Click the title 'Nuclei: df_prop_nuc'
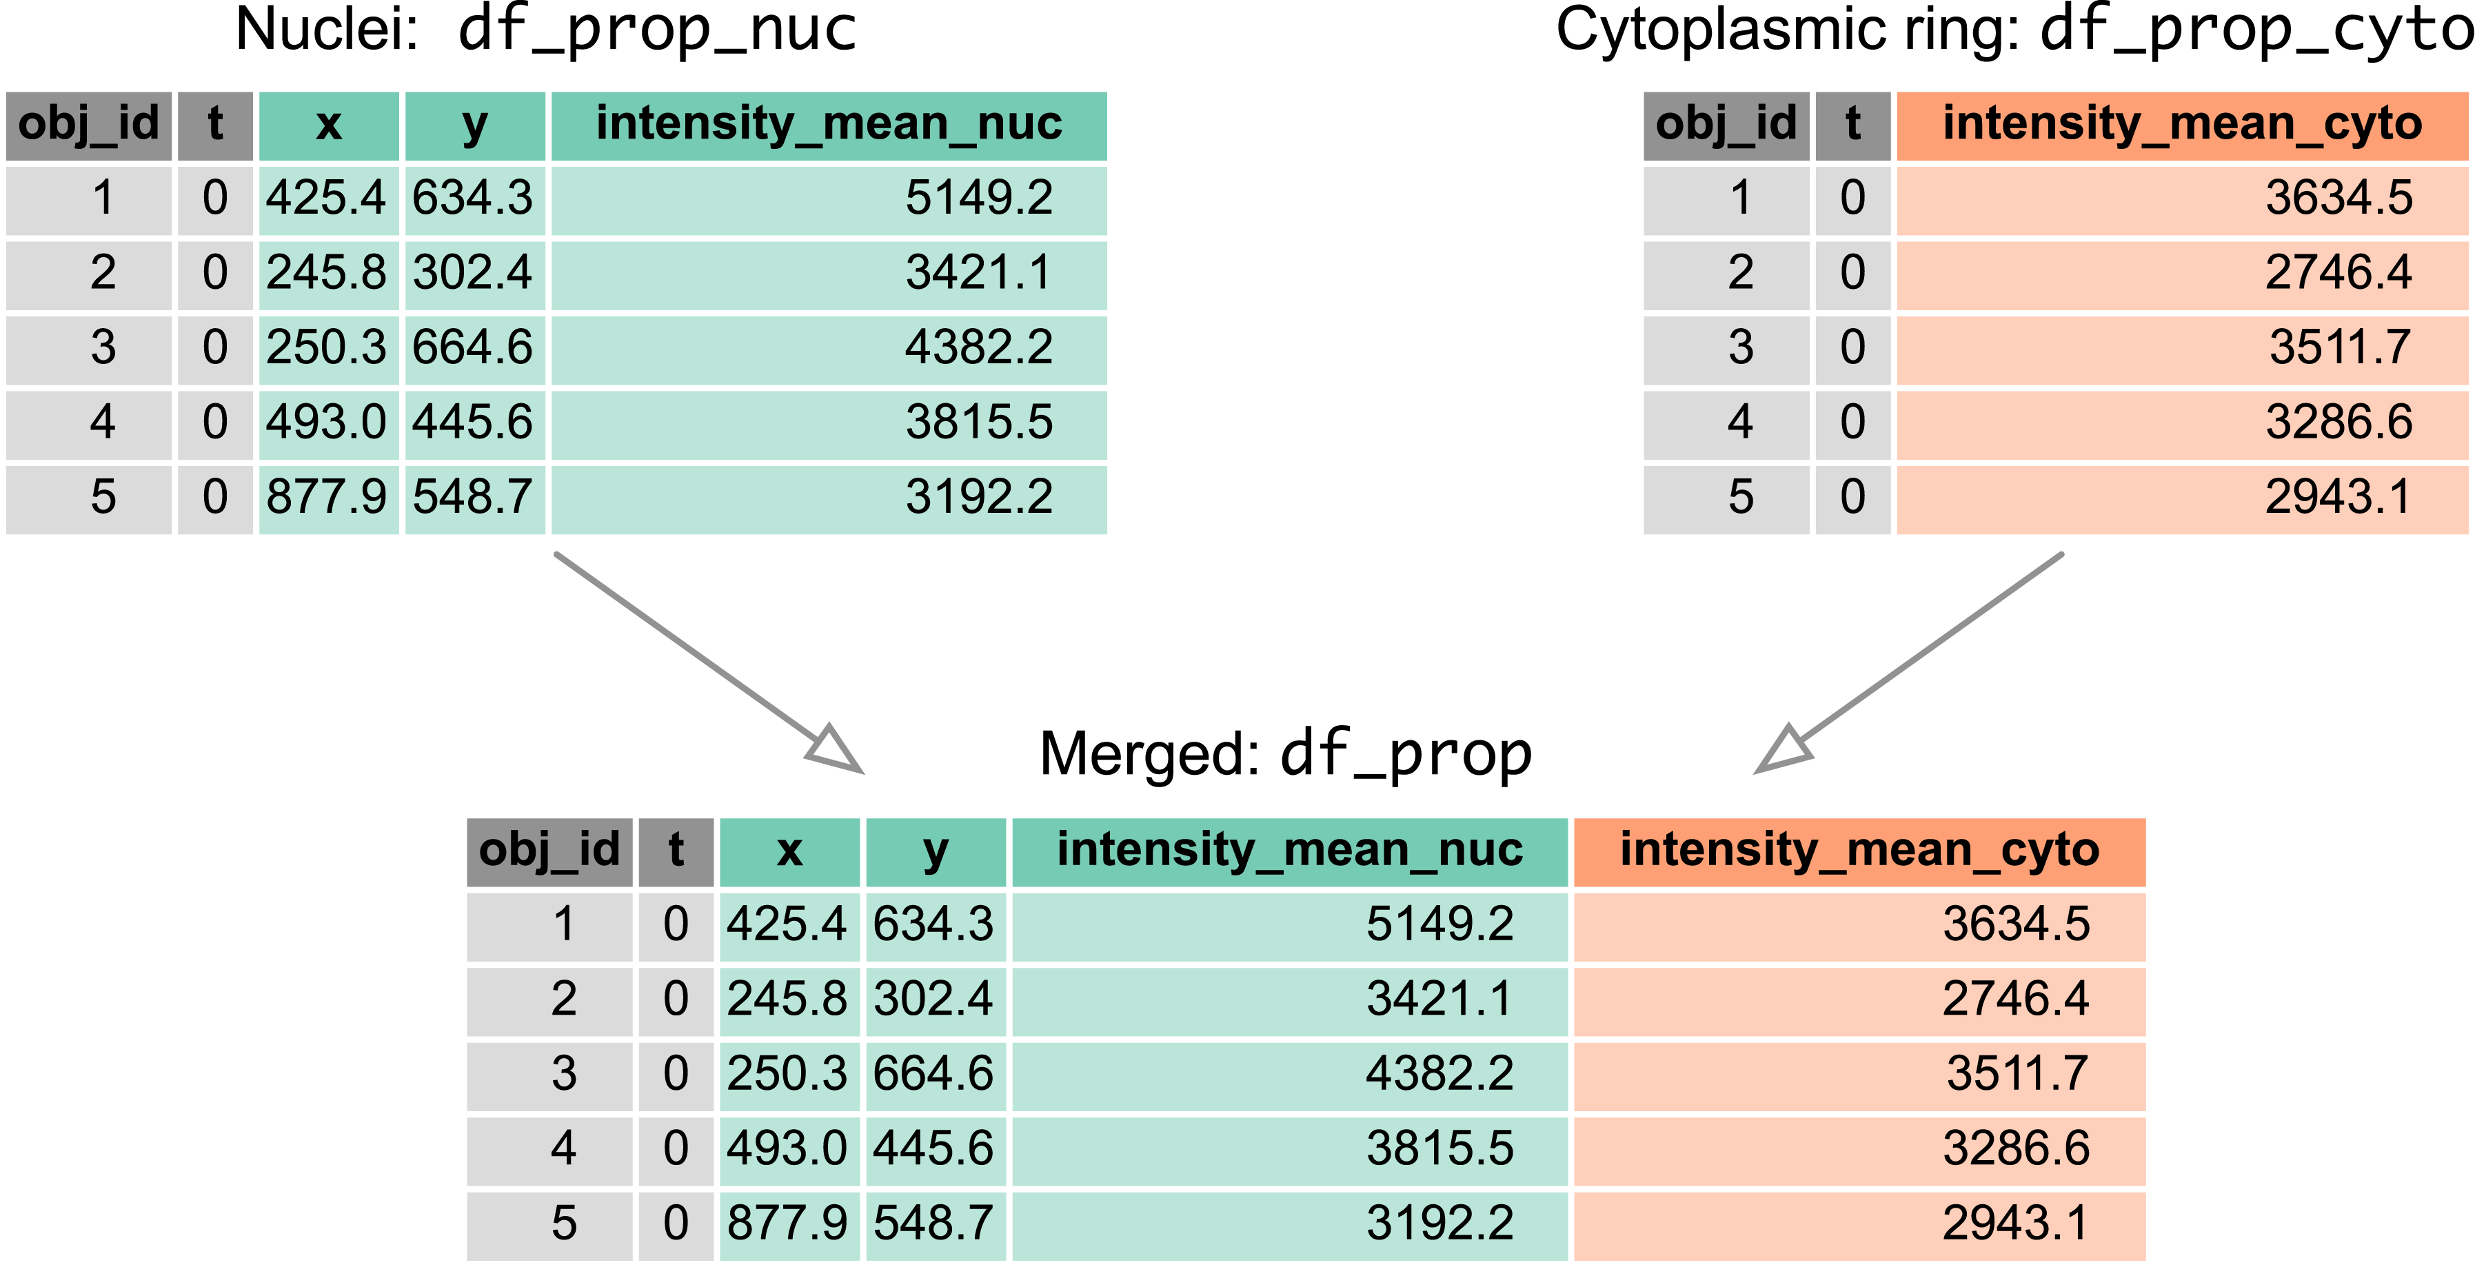545,31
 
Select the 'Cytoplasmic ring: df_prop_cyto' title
2013,31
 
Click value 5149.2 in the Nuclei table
978,199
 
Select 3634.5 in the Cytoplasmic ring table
2338,199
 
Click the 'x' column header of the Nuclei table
329,125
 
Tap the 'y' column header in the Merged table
935,851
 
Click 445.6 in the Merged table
933,1149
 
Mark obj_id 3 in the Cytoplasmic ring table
1740,347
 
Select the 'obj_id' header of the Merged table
549,851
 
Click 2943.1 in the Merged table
2014,1224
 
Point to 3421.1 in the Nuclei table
978,274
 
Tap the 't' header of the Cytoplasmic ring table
1852,125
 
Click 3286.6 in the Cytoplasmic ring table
2338,423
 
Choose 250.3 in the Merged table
787,1074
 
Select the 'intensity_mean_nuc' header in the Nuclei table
828,125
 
